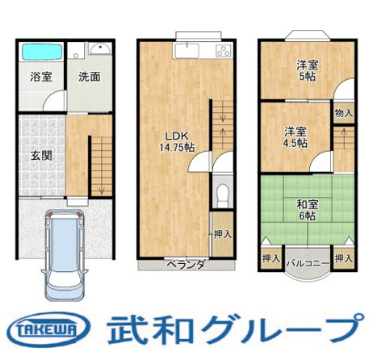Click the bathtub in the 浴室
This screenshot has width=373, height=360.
coord(40,52)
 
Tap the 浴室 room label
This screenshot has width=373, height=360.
coord(41,78)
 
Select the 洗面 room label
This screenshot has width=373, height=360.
coord(89,78)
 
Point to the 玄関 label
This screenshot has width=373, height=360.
coord(42,155)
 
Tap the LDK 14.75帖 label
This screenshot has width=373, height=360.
coord(175,141)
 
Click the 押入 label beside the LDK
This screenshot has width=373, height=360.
coord(223,235)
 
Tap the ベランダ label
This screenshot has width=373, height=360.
coord(186,265)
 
